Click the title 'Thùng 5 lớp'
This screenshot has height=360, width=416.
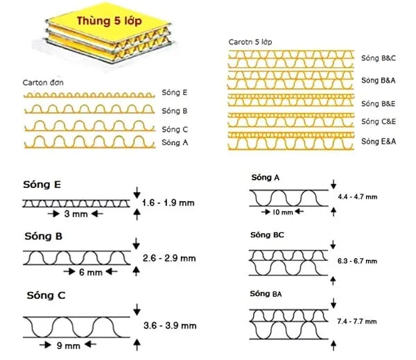tap(110, 21)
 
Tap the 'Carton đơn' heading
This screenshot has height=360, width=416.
tap(43, 83)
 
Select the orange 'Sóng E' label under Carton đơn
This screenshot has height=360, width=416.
tap(174, 93)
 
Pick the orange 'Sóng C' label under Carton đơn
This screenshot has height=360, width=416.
tap(175, 129)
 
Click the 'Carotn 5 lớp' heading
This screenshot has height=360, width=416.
tap(250, 42)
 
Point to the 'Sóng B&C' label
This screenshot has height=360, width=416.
tap(379, 58)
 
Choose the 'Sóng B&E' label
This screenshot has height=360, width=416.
tap(378, 103)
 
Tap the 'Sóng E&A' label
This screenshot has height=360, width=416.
tap(379, 142)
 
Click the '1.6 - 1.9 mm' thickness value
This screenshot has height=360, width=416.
tap(168, 203)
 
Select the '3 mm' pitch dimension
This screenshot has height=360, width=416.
tap(76, 214)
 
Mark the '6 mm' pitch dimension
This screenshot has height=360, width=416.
tap(91, 272)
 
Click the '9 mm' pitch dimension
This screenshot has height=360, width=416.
tap(68, 345)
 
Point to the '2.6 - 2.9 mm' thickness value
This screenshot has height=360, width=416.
tap(169, 258)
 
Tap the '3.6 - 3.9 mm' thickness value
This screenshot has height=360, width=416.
tap(170, 325)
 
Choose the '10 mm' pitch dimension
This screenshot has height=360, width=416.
tap(283, 212)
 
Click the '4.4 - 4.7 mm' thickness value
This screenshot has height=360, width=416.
tap(358, 197)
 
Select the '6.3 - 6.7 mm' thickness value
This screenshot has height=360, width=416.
tap(357, 261)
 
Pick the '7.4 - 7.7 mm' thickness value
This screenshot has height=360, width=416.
tap(357, 322)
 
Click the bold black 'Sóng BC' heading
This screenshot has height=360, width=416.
tap(267, 235)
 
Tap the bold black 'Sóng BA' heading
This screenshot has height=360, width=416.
tap(266, 293)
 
